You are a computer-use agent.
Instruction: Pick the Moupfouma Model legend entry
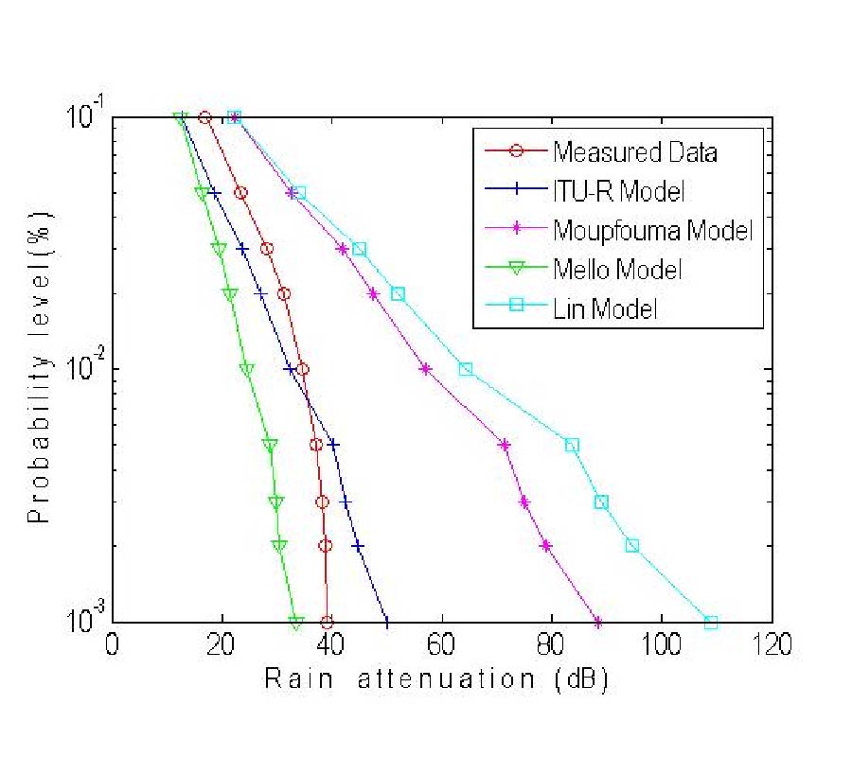[x=652, y=230]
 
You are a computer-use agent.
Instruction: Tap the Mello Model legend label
[x=616, y=269]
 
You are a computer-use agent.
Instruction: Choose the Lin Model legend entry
[x=605, y=308]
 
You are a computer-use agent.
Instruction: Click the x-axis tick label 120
[x=772, y=648]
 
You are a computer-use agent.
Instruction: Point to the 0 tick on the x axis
[x=113, y=648]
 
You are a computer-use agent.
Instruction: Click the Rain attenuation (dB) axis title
[x=435, y=678]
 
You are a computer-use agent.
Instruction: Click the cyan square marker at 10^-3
[x=711, y=623]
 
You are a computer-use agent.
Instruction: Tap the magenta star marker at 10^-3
[x=598, y=623]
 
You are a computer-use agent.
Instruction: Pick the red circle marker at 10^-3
[x=327, y=623]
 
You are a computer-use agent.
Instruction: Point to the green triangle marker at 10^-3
[x=296, y=623]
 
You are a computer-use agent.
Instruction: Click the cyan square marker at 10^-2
[x=466, y=369]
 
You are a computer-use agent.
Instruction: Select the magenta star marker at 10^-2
[x=426, y=369]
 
